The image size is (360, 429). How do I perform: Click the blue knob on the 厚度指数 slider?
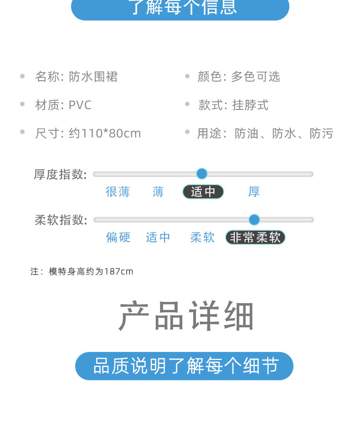pyautogui.click(x=202, y=174)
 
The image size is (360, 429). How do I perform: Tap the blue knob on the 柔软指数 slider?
pyautogui.click(x=254, y=220)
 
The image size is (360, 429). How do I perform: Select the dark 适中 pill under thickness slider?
pyautogui.click(x=203, y=192)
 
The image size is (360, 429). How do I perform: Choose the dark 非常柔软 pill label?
pyautogui.click(x=255, y=238)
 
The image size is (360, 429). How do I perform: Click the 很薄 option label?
pyautogui.click(x=118, y=192)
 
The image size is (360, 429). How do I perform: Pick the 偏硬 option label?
pyautogui.click(x=118, y=238)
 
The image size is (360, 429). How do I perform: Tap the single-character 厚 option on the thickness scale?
pyautogui.click(x=254, y=192)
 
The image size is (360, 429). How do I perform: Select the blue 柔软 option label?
pyautogui.click(x=203, y=238)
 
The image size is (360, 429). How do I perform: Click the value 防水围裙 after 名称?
pyautogui.click(x=93, y=77)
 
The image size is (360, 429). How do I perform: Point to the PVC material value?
pyautogui.click(x=80, y=105)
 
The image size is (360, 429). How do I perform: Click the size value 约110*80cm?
pyautogui.click(x=105, y=134)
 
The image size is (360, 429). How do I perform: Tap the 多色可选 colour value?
pyautogui.click(x=256, y=77)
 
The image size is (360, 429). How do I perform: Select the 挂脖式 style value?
pyautogui.click(x=250, y=105)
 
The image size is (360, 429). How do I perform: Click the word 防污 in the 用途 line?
pyautogui.click(x=322, y=134)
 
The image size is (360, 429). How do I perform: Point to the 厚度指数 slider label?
pyautogui.click(x=60, y=174)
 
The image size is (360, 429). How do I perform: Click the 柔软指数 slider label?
pyautogui.click(x=61, y=220)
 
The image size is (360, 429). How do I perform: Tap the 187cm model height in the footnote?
pyautogui.click(x=119, y=272)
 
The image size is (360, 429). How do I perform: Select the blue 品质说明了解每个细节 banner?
pyautogui.click(x=184, y=366)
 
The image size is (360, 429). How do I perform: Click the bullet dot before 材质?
pyautogui.click(x=22, y=104)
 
